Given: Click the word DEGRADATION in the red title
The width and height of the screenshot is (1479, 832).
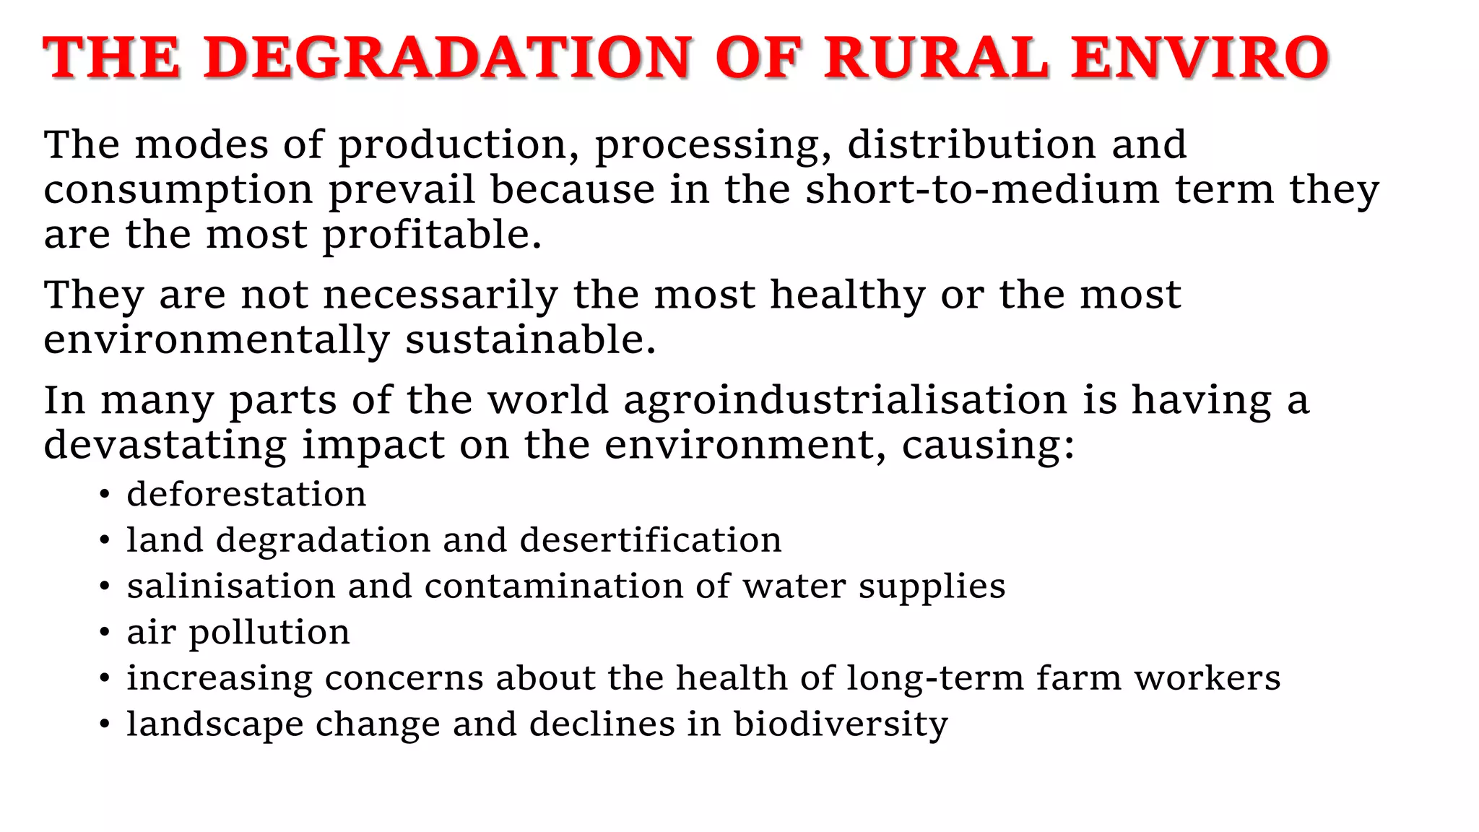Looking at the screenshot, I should [x=448, y=58].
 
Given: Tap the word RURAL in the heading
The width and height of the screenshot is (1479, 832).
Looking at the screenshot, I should [x=937, y=58].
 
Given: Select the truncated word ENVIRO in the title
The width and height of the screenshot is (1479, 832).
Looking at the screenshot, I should [x=1200, y=58].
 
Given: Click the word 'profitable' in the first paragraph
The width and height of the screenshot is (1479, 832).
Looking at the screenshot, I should [x=431, y=235].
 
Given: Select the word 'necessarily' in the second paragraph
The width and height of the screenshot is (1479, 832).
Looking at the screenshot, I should [x=441, y=295].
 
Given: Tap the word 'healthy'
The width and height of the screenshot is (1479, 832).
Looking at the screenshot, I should [x=847, y=295].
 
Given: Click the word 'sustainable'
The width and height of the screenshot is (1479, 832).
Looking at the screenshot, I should [x=529, y=340].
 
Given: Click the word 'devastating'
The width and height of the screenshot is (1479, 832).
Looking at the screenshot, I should [x=165, y=445].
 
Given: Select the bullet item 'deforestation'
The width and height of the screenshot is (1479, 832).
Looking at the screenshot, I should [x=246, y=495].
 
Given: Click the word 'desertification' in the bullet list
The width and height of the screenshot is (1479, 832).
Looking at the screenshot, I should [x=651, y=540].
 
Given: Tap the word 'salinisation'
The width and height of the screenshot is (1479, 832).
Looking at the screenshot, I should [x=231, y=586].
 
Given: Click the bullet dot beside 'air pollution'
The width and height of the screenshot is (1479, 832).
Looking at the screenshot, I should [x=105, y=633].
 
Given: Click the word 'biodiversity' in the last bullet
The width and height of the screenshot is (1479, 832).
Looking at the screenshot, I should [x=841, y=724].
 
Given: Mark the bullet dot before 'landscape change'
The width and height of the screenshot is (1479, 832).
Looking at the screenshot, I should [x=105, y=725].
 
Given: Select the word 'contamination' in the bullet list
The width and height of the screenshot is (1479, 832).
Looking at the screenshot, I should [x=554, y=586].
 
